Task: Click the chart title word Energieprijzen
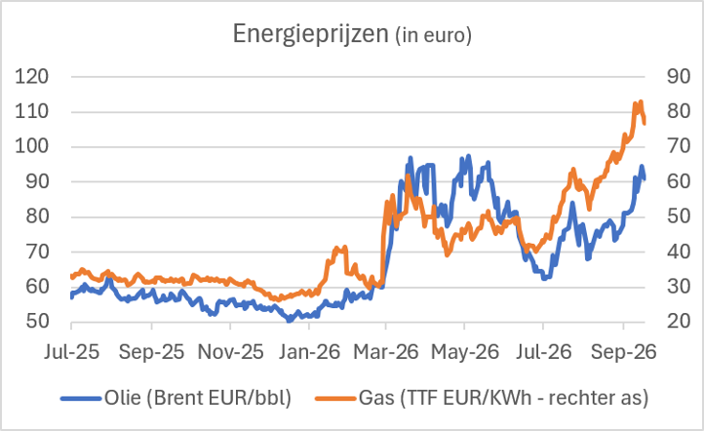(x=310, y=34)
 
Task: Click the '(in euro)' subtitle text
(x=433, y=35)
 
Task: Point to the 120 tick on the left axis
(x=32, y=77)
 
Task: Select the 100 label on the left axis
(x=32, y=146)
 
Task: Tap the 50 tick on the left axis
(x=37, y=322)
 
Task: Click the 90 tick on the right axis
(x=679, y=77)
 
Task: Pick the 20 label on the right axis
(x=679, y=322)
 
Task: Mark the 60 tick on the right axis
(x=679, y=181)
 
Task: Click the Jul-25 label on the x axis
(x=71, y=352)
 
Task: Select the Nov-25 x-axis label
(x=230, y=352)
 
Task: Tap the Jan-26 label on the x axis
(x=309, y=352)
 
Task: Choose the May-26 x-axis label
(x=465, y=352)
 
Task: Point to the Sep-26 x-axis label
(x=624, y=352)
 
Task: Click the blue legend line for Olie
(x=81, y=398)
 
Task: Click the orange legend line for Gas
(x=335, y=398)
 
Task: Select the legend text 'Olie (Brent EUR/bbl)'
(x=198, y=398)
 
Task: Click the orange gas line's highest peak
(x=641, y=101)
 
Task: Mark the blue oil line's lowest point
(x=289, y=321)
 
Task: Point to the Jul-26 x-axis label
(x=544, y=352)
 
